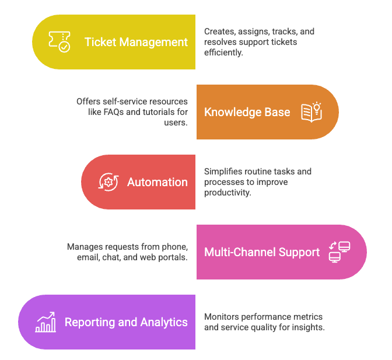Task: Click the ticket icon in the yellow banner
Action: pos(59,42)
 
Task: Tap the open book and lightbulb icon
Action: pos(311,111)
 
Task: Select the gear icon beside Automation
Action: pos(108,182)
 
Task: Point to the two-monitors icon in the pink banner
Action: pos(339,252)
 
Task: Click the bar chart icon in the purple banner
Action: pos(45,322)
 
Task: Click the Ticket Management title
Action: pos(136,42)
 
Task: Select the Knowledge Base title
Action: pos(247,112)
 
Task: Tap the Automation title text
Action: pos(157,182)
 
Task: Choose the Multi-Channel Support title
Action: pos(262,252)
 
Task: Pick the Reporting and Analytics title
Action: pos(126,322)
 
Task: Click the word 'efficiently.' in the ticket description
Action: pos(223,53)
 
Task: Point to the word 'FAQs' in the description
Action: pos(118,112)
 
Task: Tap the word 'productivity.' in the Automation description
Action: pos(228,193)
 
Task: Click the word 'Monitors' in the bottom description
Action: pos(221,317)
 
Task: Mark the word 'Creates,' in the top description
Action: pos(219,32)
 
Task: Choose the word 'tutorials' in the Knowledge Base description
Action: pos(155,112)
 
